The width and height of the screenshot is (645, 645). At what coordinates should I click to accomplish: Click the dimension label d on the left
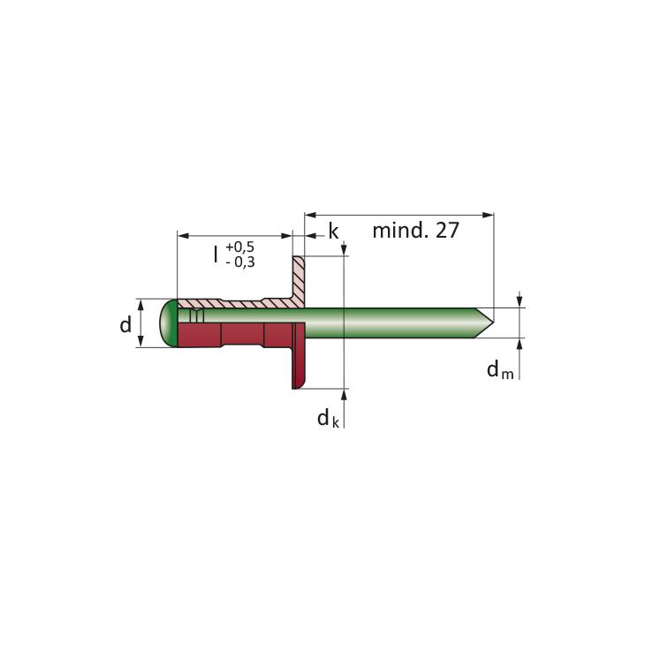(125, 324)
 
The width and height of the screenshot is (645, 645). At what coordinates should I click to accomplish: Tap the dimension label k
(333, 231)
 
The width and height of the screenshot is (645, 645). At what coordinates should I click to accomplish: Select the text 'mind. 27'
(415, 231)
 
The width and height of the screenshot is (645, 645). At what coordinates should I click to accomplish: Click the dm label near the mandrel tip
(500, 369)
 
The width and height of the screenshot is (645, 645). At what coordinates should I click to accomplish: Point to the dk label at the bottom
(328, 419)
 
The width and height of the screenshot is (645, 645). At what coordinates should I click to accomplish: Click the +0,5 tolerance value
(239, 247)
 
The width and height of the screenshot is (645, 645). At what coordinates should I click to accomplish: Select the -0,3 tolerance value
(240, 262)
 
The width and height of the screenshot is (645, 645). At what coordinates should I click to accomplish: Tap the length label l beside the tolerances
(216, 254)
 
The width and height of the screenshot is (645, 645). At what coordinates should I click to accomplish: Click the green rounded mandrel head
(168, 323)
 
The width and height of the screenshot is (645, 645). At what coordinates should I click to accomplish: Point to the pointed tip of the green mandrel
(493, 322)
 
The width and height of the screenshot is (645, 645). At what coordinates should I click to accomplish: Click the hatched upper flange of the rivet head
(299, 282)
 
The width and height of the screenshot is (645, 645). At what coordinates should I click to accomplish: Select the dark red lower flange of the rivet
(299, 356)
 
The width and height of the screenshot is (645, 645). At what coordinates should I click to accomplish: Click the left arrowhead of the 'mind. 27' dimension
(310, 215)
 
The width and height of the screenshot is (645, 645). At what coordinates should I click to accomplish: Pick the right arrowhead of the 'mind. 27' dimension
(489, 215)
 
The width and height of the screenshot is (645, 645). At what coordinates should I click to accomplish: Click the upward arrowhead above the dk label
(344, 394)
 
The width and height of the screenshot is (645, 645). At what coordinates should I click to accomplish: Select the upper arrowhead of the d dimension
(140, 305)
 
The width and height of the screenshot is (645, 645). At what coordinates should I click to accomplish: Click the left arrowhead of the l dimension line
(183, 236)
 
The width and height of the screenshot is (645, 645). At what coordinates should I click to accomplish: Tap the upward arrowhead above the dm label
(520, 344)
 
